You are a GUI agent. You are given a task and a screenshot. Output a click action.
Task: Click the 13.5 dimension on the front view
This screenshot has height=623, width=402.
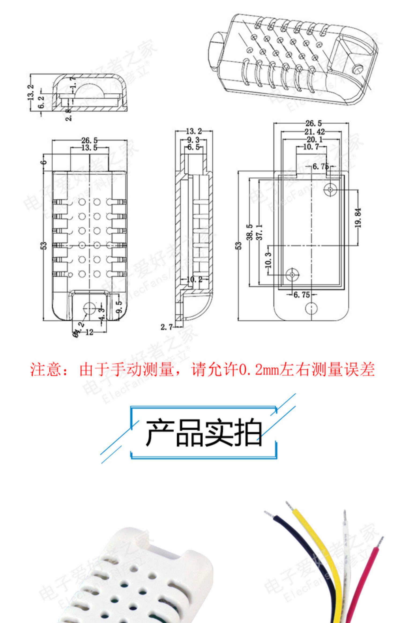[89, 148]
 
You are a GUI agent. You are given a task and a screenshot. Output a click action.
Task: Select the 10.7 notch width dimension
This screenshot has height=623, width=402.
[311, 147]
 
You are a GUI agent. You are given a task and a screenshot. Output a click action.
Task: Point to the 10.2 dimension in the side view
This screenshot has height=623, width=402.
[194, 279]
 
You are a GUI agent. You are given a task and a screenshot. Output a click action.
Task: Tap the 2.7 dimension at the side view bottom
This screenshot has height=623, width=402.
[166, 327]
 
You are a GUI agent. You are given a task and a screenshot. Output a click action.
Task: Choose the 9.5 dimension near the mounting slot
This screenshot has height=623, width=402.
[120, 306]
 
